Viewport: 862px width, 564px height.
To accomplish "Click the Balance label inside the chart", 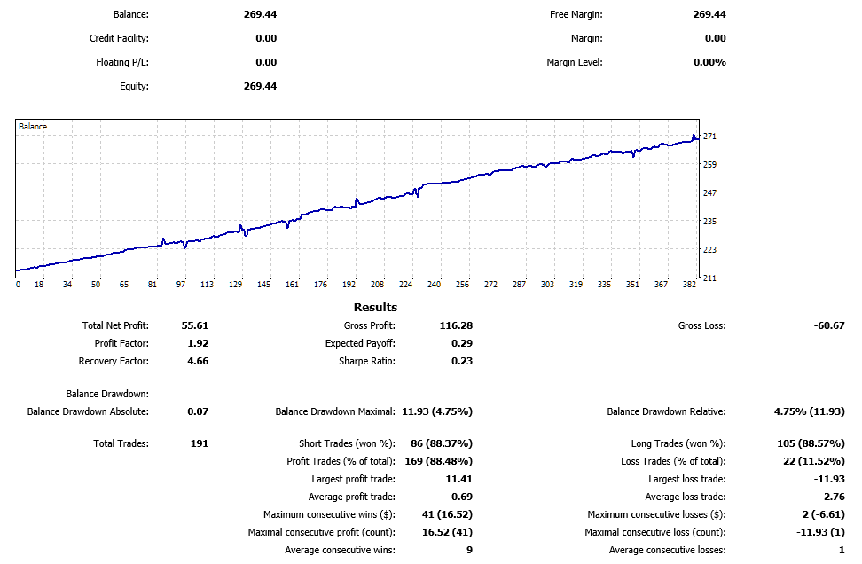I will click(33, 127).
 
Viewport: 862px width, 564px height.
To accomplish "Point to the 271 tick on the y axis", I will click(709, 137).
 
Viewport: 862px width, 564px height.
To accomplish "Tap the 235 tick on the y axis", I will click(709, 222).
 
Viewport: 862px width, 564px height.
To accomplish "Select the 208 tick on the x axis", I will click(377, 285).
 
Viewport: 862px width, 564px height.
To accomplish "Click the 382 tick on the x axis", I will click(689, 285).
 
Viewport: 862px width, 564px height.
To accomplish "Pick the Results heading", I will click(376, 308).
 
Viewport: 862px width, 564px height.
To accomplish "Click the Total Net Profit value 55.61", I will click(194, 325).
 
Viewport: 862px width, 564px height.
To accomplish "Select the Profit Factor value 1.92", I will click(198, 343).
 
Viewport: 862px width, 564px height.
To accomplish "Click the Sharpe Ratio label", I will click(366, 361).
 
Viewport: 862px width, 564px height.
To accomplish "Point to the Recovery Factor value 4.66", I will click(198, 361).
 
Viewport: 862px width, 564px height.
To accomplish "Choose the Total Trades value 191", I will click(199, 443).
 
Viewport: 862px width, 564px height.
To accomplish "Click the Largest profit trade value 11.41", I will click(458, 479).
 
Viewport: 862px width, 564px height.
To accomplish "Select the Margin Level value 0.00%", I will click(709, 62).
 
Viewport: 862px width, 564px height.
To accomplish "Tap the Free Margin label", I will click(576, 14).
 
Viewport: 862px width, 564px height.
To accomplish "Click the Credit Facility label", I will click(119, 38).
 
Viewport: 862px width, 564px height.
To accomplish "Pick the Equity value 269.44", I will click(260, 86).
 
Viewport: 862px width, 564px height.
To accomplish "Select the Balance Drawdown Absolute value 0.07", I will click(198, 411).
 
